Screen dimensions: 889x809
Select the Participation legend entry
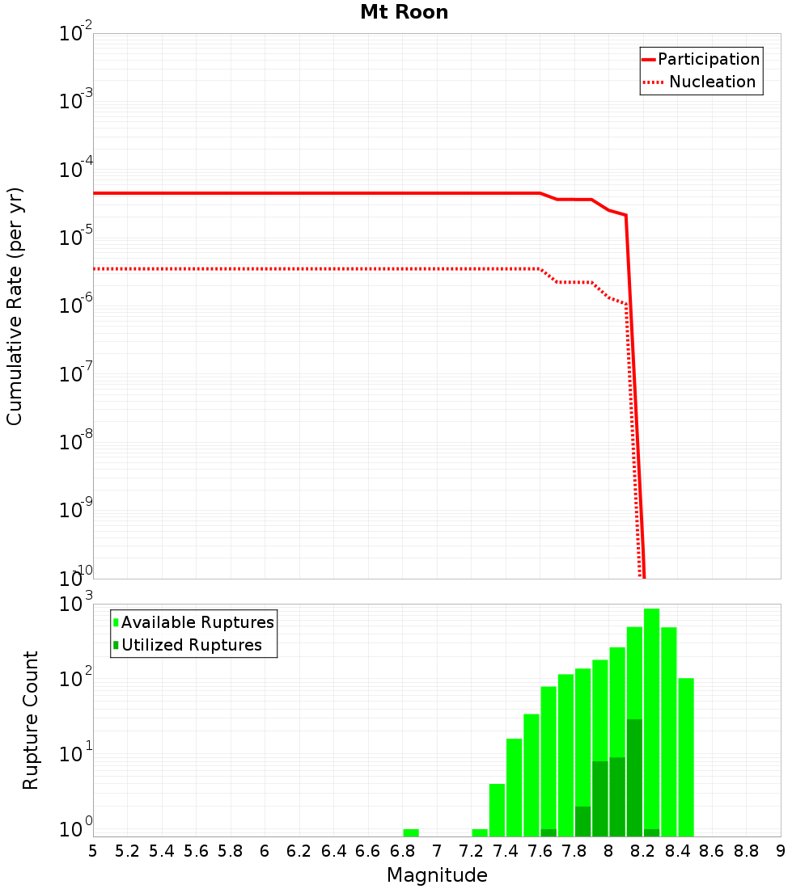708,59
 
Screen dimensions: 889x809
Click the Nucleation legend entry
711,82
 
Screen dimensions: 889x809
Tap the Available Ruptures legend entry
197,622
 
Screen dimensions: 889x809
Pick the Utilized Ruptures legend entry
191,645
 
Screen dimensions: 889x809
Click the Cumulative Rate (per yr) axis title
15,305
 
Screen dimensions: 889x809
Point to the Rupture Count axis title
30,719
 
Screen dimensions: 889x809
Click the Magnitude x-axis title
437,874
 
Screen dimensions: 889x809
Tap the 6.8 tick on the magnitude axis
402,850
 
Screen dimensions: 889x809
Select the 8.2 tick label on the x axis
643,850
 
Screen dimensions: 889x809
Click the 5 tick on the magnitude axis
93,850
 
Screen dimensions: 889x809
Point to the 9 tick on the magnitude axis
781,850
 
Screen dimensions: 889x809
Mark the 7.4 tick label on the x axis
506,850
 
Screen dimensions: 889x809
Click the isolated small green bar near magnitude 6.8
411,832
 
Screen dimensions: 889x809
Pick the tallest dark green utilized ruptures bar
634,776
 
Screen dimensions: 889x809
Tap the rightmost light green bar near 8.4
686,756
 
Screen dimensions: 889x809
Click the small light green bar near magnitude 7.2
480,832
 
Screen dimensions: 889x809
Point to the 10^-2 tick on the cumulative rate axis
76,34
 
